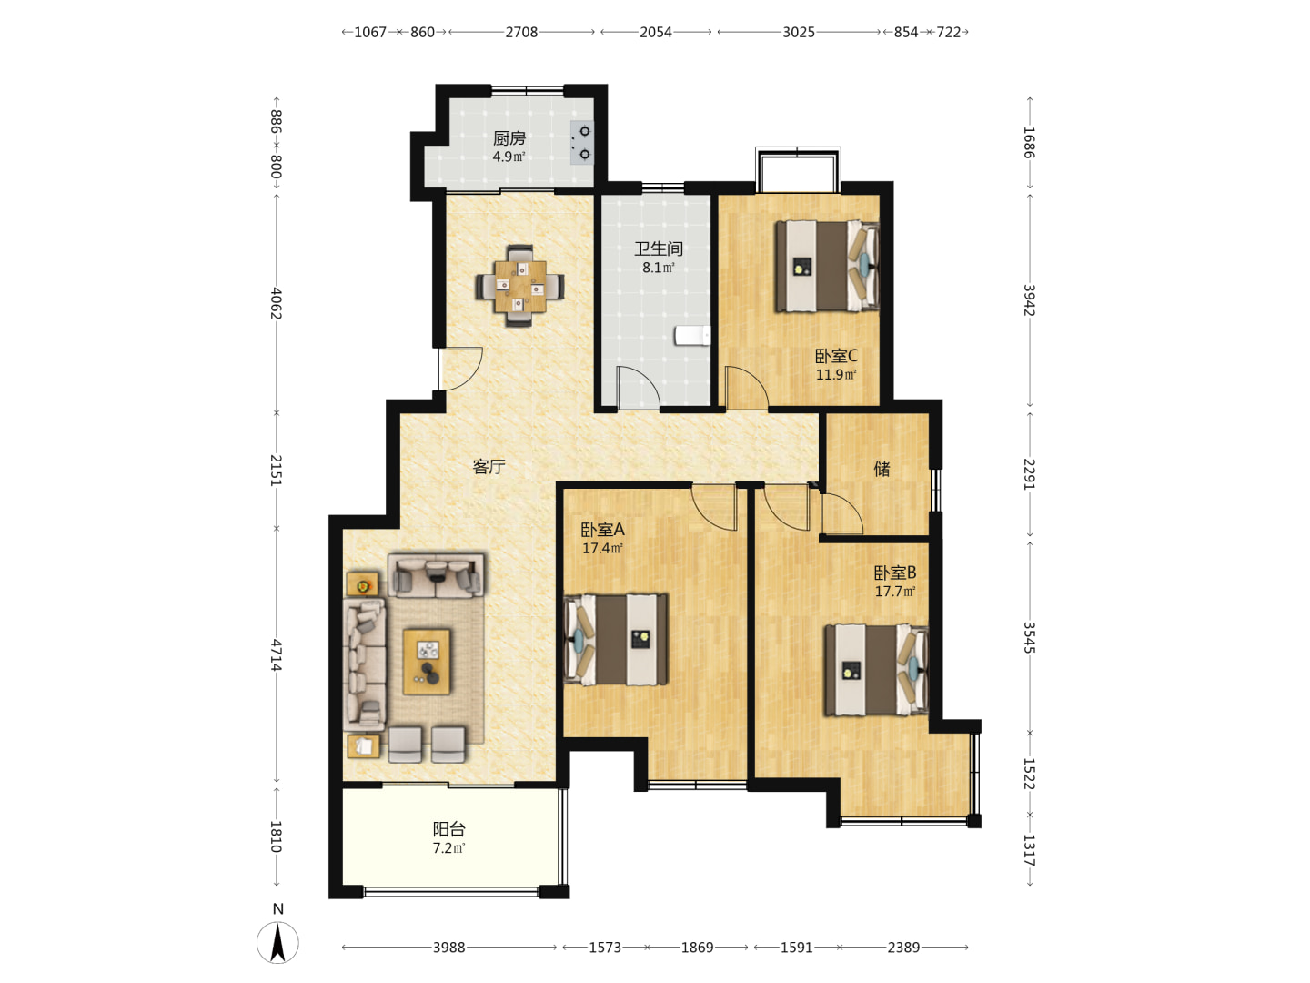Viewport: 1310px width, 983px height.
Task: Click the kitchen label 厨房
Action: (509, 138)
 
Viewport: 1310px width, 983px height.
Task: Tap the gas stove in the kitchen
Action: (582, 143)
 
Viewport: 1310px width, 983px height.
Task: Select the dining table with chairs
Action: (519, 287)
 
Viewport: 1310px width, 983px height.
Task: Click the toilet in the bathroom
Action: (692, 336)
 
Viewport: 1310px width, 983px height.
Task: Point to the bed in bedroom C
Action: (827, 266)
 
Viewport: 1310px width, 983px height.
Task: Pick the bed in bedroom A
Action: (616, 639)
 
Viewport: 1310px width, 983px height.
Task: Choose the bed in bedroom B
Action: (876, 670)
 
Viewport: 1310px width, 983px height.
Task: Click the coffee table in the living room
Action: (426, 662)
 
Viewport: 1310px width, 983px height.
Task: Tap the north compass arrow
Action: (277, 943)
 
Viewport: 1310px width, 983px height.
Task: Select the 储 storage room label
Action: (882, 469)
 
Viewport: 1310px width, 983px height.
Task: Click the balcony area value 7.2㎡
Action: (448, 848)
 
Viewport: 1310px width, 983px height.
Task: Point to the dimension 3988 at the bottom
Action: (448, 948)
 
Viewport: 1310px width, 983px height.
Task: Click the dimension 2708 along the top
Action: (521, 32)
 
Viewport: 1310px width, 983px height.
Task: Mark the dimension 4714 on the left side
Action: (276, 654)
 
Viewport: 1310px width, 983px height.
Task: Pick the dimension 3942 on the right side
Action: (1029, 299)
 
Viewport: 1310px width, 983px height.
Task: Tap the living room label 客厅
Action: (489, 466)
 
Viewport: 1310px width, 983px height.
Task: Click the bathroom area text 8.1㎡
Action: (659, 268)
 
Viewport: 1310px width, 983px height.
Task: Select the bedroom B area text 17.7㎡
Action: (895, 592)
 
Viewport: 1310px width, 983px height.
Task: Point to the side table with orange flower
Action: (362, 584)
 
